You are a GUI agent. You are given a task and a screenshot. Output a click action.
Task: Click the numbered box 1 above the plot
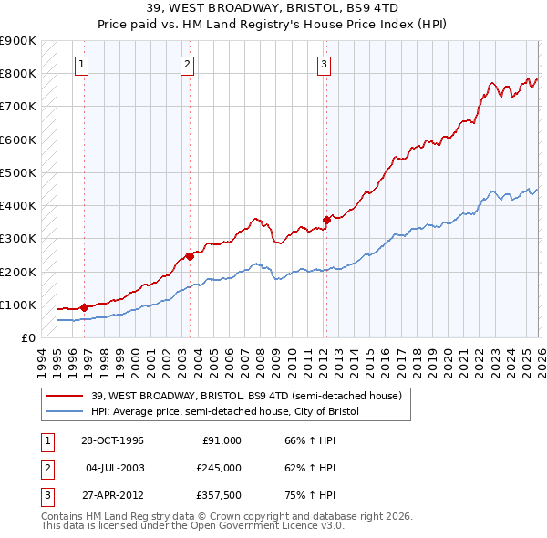(x=82, y=64)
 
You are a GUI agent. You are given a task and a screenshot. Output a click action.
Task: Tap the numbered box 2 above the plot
(x=187, y=64)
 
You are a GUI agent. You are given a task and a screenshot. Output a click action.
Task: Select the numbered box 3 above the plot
(x=324, y=64)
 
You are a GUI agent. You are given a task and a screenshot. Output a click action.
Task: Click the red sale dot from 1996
(x=84, y=307)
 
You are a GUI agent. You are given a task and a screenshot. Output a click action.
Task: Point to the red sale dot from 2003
(x=190, y=256)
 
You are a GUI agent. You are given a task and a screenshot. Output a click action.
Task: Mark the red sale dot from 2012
(x=326, y=219)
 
